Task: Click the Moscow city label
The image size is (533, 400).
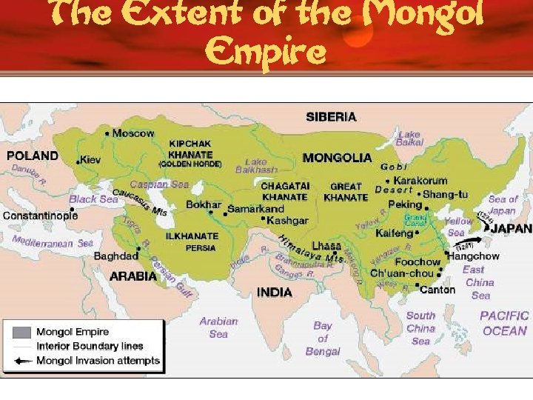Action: [133, 133]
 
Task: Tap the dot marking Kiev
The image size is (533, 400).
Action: [78, 161]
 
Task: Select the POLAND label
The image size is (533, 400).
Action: [32, 156]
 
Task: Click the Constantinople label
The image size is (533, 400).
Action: [40, 216]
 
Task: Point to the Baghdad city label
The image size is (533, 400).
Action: [115, 256]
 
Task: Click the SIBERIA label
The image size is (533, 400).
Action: [331, 116]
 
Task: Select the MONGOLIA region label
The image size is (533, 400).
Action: [337, 158]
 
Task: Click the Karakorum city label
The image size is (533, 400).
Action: [420, 180]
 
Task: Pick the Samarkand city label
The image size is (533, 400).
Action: [255, 209]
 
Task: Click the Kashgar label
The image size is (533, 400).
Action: [287, 221]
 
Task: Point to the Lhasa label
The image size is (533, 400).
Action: [326, 245]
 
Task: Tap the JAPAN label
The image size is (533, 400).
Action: [511, 229]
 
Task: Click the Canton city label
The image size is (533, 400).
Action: [437, 290]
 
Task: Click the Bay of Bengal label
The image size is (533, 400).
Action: [323, 339]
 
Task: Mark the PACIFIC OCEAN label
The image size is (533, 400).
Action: [504, 323]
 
